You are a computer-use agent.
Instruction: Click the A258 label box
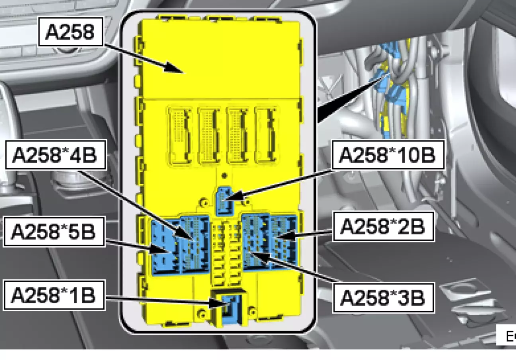[70, 32]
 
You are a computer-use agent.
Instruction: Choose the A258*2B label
[383, 227]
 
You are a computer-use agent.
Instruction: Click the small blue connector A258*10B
[224, 200]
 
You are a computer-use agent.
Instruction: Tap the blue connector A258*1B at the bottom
[229, 305]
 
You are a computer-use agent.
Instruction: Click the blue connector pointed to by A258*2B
[284, 241]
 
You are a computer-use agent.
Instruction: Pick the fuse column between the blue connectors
[225, 255]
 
